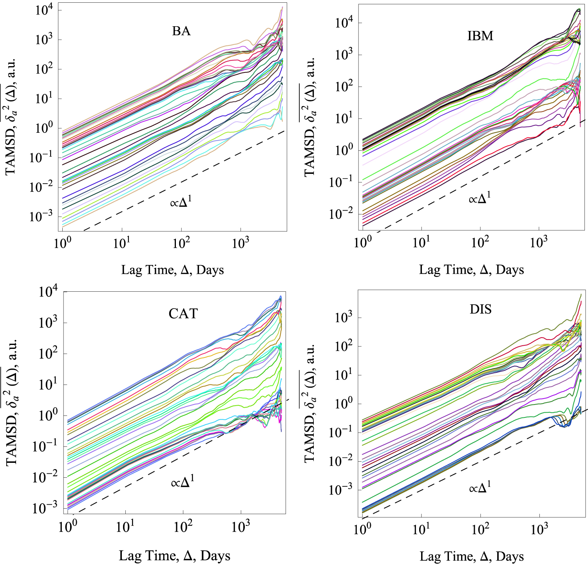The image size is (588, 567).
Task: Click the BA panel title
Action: (x=181, y=31)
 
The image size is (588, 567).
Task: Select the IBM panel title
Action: (x=480, y=36)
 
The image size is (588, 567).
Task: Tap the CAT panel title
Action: (x=183, y=314)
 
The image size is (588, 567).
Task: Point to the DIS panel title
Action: (x=481, y=309)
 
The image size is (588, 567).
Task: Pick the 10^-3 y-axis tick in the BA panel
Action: (x=41, y=216)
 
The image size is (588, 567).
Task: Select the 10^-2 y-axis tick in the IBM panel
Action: (x=341, y=214)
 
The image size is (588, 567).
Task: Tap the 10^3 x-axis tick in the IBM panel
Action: (x=539, y=242)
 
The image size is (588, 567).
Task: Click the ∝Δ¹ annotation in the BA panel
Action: (x=181, y=202)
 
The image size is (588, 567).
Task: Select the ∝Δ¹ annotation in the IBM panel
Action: (x=479, y=198)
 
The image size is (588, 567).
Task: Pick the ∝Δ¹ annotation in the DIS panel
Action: (x=480, y=488)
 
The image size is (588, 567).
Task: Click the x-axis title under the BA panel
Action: (x=172, y=270)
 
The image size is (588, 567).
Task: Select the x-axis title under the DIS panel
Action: (x=472, y=556)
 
